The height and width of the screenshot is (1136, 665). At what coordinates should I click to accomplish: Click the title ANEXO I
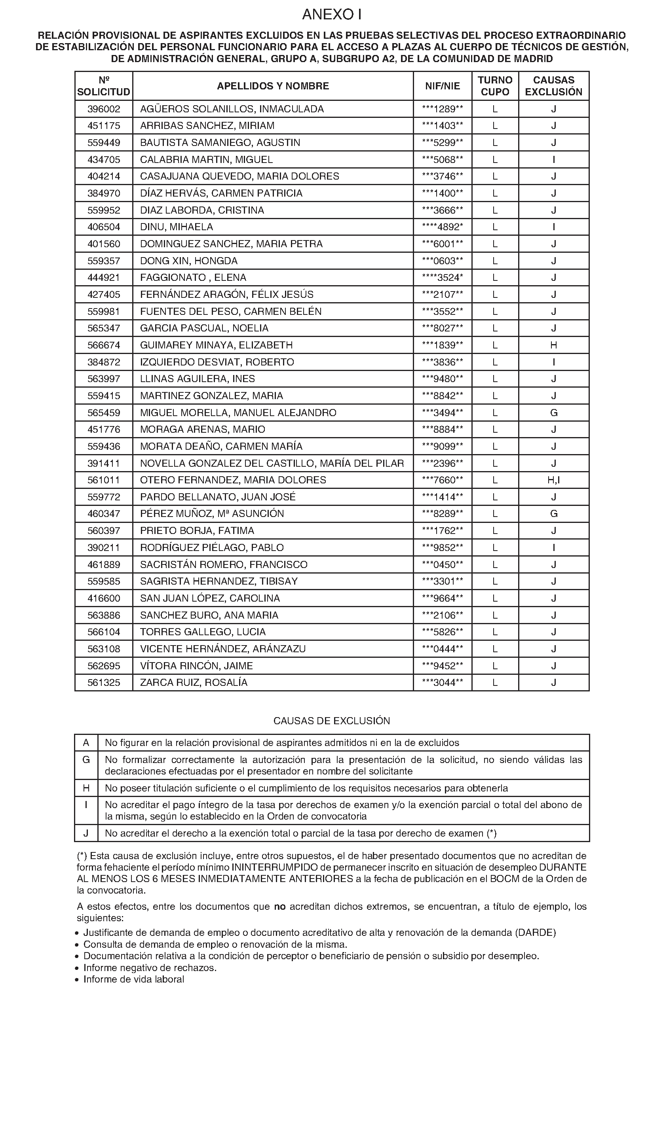pos(332,15)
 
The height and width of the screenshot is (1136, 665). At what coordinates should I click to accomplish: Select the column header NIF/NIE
pos(442,86)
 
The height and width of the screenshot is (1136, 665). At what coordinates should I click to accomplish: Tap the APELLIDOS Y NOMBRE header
pos(273,86)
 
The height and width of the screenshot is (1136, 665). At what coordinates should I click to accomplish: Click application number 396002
pos(104,109)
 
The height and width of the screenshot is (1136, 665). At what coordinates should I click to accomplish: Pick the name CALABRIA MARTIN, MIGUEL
pos(206,159)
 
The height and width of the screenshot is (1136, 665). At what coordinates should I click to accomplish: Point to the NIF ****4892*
pos(442,227)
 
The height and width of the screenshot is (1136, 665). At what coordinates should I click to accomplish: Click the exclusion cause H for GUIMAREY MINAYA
pos(553,345)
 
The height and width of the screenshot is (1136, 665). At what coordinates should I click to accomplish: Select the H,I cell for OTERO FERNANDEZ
pos(553,480)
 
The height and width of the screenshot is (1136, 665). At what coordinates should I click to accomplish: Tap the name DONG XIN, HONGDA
pos(188,261)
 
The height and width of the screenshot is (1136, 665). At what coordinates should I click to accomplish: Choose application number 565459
pos(104,413)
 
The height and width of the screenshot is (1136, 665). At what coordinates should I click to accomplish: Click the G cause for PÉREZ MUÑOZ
pos(553,514)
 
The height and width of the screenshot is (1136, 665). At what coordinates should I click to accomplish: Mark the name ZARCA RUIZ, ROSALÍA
pos(194,682)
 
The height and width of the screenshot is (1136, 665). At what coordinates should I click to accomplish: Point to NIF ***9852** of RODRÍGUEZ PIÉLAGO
pos(442,548)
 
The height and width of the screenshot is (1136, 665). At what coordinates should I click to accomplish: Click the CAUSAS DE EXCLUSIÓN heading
pos(332,721)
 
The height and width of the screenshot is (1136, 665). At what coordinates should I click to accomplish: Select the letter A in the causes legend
pos(86,743)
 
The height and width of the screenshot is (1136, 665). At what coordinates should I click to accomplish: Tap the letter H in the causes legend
pos(86,788)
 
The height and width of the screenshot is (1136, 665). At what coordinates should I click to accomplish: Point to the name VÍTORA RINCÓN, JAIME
pos(196,666)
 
